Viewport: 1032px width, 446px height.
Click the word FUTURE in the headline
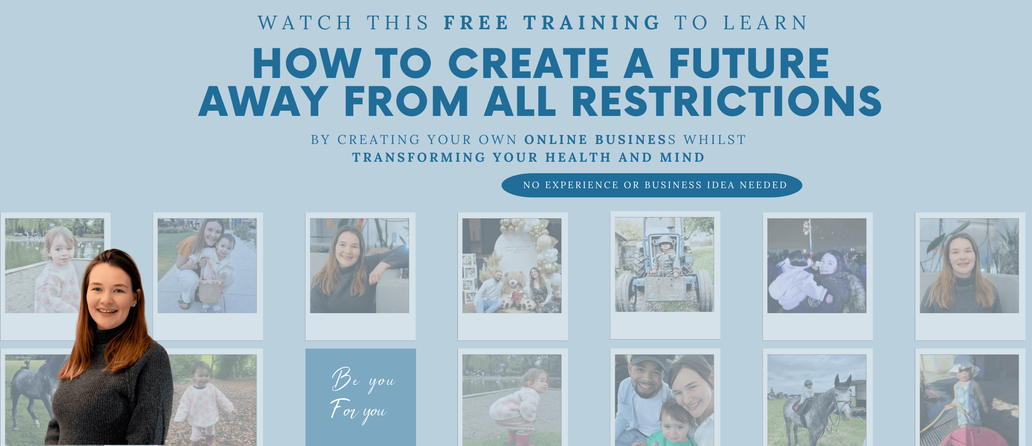[749, 63]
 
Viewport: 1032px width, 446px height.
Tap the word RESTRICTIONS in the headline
[727, 101]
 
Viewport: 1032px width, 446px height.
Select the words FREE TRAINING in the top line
[552, 23]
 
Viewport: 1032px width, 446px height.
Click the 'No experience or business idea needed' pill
[652, 185]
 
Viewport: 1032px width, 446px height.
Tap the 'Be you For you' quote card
[361, 397]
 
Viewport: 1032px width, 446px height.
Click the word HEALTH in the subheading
[578, 158]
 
